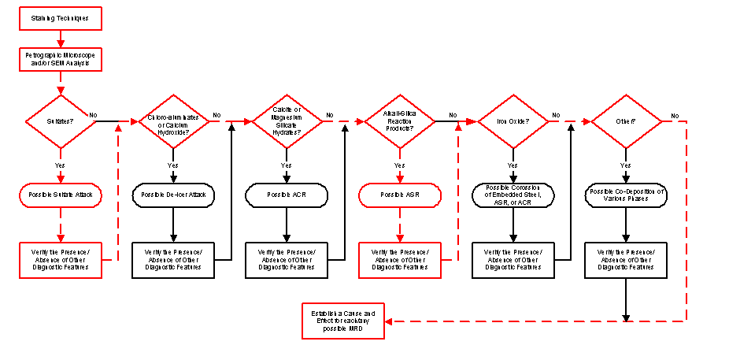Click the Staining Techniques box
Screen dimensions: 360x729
tap(61, 17)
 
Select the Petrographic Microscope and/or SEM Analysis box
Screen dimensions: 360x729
tap(61, 59)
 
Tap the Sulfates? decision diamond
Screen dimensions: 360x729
tap(61, 122)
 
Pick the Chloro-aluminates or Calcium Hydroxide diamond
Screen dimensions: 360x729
tap(173, 122)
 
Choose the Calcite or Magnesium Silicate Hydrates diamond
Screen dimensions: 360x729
tap(287, 122)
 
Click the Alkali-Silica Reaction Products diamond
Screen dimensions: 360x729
tap(399, 122)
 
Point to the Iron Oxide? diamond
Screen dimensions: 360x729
tap(513, 122)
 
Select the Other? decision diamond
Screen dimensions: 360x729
tap(625, 122)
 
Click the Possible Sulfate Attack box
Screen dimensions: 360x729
tap(61, 195)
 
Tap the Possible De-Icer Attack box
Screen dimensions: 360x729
tap(173, 195)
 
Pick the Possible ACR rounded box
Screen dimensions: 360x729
tap(287, 195)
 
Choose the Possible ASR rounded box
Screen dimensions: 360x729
tap(399, 195)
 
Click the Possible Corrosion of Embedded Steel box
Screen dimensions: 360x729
tap(513, 195)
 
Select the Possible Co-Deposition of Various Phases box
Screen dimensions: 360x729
tap(625, 195)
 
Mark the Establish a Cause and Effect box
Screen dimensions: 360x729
tap(344, 320)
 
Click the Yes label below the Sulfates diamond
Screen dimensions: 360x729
tap(61, 166)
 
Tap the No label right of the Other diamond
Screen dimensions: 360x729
tap(675, 116)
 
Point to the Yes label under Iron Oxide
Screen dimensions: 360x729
tap(513, 166)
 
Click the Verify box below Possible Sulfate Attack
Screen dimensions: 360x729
tap(61, 259)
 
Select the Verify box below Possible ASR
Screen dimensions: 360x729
tap(399, 259)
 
